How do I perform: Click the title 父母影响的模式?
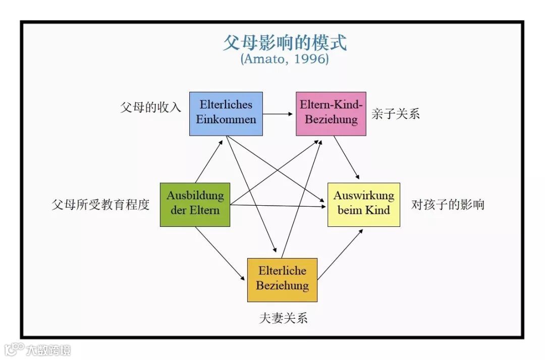[285, 42]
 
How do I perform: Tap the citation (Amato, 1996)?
[285, 59]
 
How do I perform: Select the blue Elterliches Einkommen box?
[226, 113]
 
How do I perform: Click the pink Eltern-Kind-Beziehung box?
[331, 113]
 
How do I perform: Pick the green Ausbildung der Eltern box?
[195, 204]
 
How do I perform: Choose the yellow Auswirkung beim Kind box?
[363, 204]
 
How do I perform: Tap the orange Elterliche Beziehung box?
[282, 279]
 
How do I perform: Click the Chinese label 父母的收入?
[150, 107]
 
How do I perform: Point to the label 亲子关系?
[396, 114]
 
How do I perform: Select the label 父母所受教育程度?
[100, 205]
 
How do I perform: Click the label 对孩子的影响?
[448, 205]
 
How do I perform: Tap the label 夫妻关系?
[283, 318]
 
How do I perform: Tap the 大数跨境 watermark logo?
[38, 349]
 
